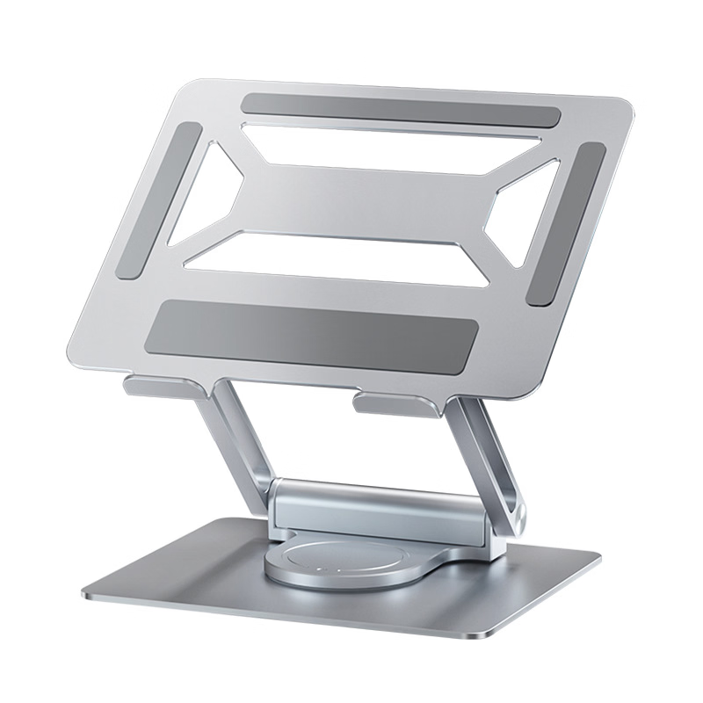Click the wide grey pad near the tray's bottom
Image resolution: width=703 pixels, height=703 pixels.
pyautogui.click(x=313, y=330)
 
